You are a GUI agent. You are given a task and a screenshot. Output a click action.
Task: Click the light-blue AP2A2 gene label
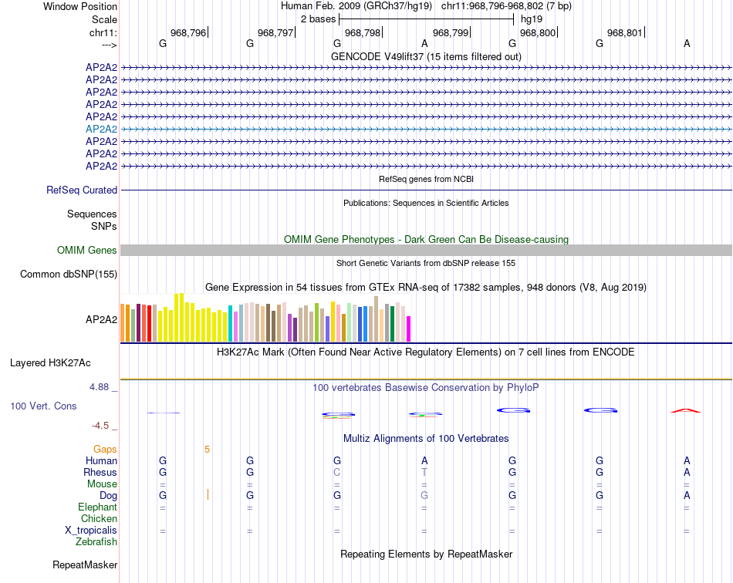tap(101, 129)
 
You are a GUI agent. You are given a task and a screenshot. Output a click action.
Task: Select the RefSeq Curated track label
tap(82, 190)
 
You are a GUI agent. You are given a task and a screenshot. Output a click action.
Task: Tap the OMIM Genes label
tap(87, 250)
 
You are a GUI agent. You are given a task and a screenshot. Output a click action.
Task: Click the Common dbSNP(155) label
tap(69, 274)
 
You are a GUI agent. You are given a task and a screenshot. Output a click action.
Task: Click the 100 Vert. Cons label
tap(44, 406)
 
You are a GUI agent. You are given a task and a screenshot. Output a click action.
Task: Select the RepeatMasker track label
tap(85, 565)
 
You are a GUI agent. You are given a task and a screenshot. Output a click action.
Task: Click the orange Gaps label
tap(105, 449)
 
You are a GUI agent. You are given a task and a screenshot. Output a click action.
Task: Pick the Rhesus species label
tap(100, 472)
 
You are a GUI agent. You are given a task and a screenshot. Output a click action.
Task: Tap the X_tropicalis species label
tap(91, 531)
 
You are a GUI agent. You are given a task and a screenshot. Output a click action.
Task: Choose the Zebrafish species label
tap(96, 542)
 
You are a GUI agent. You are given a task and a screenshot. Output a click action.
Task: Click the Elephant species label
tap(97, 507)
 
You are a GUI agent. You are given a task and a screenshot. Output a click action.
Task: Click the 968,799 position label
tap(451, 33)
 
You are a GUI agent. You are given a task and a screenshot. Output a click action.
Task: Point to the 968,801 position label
tap(624, 33)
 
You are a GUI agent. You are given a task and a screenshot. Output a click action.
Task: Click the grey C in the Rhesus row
tap(336, 472)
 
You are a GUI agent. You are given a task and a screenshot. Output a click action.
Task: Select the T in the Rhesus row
tap(424, 472)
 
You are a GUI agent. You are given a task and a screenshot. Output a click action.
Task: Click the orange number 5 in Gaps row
tap(207, 449)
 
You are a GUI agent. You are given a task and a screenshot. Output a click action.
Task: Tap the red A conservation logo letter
tap(686, 410)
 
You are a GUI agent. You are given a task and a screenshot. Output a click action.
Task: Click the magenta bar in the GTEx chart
tap(408, 329)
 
